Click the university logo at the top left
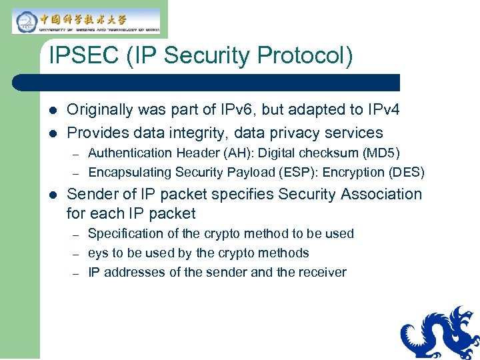click(x=86, y=21)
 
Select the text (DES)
click(x=406, y=173)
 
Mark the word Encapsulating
click(x=129, y=173)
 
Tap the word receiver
click(x=323, y=273)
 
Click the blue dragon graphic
click(x=439, y=333)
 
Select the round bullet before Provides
click(x=53, y=133)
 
